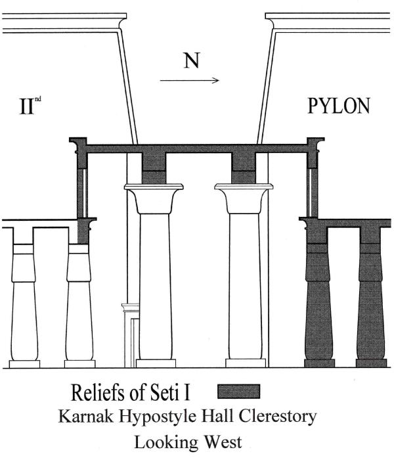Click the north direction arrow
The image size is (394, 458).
click(190, 81)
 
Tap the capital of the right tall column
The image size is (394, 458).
click(242, 196)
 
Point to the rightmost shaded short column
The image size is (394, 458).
click(370, 302)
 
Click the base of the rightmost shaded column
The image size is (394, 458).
click(370, 363)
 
